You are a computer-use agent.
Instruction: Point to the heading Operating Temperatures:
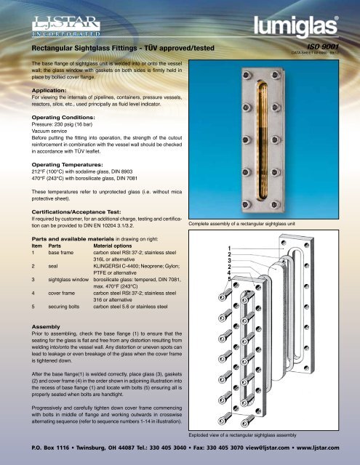point(69,165)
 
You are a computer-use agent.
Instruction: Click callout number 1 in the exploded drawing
point(229,251)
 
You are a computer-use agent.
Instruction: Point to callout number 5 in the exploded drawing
point(229,280)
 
